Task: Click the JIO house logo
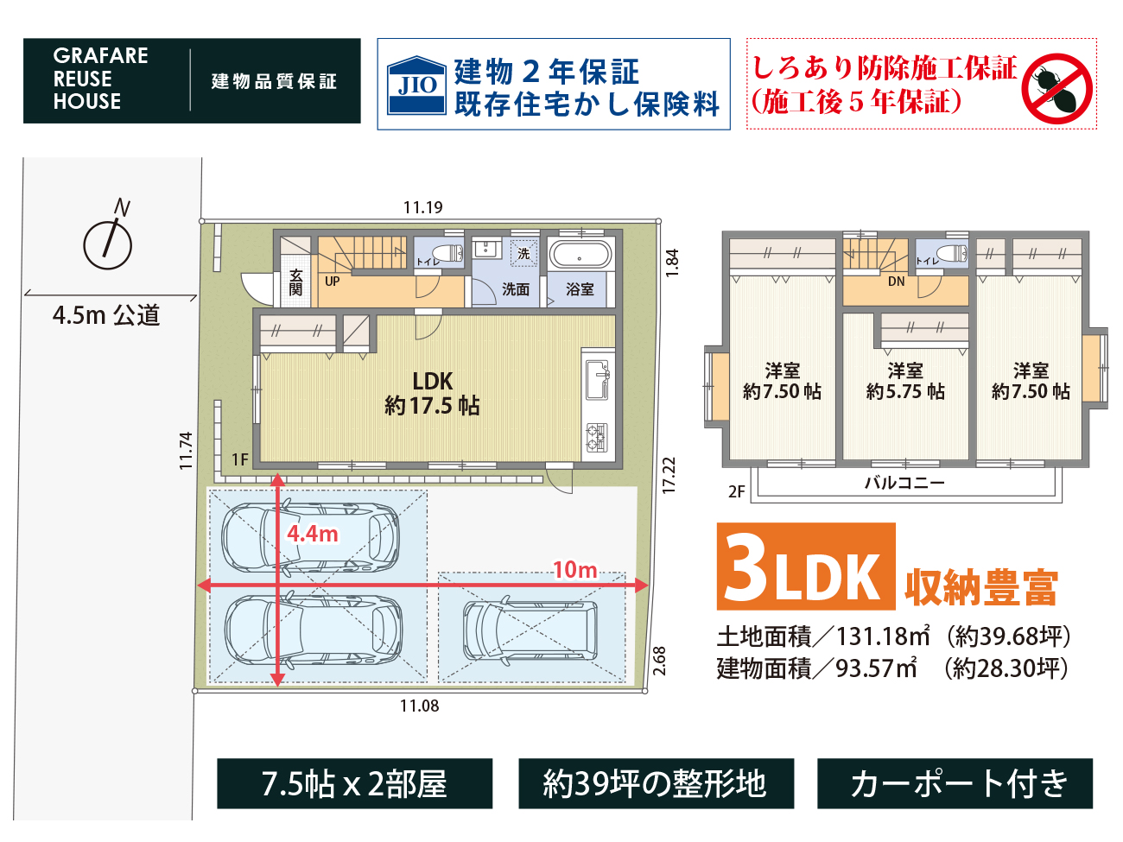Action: tap(416, 85)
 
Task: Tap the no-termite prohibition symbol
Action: tap(1057, 88)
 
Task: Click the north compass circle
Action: tap(107, 246)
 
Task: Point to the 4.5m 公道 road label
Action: tap(106, 315)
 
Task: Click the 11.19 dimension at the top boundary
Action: tap(422, 207)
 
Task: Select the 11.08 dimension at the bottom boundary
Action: tap(420, 706)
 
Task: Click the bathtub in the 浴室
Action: tap(580, 255)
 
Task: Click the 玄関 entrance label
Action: tap(295, 282)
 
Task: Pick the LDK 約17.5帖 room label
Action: tap(432, 394)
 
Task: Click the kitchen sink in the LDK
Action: tap(598, 380)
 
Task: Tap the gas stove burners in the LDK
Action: tap(597, 438)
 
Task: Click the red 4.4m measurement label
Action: tap(313, 535)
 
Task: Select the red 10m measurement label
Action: tap(575, 570)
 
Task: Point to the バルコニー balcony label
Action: tap(904, 483)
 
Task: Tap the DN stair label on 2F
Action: tap(896, 282)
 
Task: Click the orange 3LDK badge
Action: tap(806, 567)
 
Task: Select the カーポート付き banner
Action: tap(955, 784)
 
